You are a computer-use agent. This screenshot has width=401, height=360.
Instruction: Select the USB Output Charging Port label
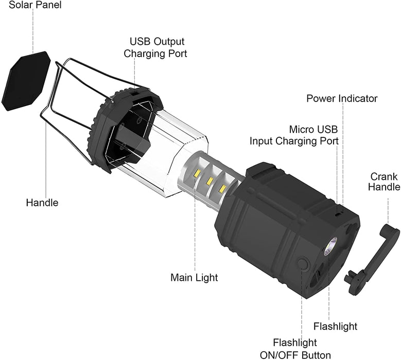(x=158, y=47)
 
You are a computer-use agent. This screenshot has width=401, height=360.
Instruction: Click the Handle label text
(x=42, y=203)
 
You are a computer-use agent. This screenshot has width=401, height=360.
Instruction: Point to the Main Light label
(x=194, y=278)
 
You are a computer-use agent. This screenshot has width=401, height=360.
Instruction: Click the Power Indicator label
(x=342, y=98)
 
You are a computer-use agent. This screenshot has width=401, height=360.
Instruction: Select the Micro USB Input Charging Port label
(x=294, y=135)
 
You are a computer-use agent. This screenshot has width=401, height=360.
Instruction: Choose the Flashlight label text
(x=335, y=326)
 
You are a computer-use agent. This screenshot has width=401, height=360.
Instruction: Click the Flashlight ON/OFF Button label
(x=302, y=349)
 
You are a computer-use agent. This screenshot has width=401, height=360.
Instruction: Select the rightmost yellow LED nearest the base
(x=222, y=189)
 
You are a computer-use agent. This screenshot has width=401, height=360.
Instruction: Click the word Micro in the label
(x=300, y=129)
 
